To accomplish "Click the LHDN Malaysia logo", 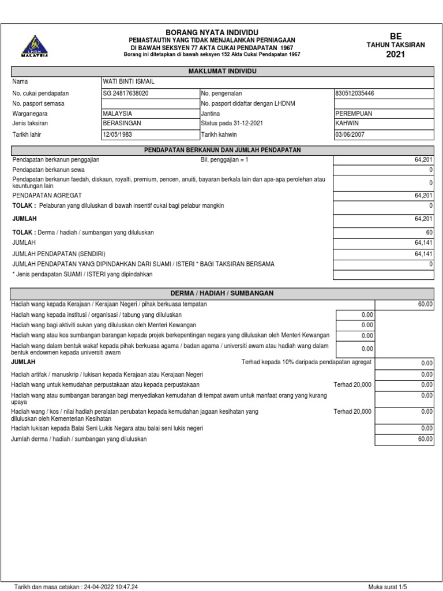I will click(x=35, y=46).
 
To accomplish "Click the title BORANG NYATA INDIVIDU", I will click(x=212, y=32).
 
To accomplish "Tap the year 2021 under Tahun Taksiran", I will click(x=396, y=55).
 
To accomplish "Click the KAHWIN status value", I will click(x=347, y=124).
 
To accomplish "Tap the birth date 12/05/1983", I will click(x=118, y=134).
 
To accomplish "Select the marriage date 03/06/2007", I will click(x=351, y=134).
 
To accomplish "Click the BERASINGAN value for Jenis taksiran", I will click(x=122, y=124).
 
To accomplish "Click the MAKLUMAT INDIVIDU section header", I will click(x=222, y=70).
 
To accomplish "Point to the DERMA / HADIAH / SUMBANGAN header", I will click(x=222, y=293).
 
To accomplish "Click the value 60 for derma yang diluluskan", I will click(x=429, y=233).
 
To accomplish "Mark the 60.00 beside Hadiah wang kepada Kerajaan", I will click(x=425, y=304).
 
